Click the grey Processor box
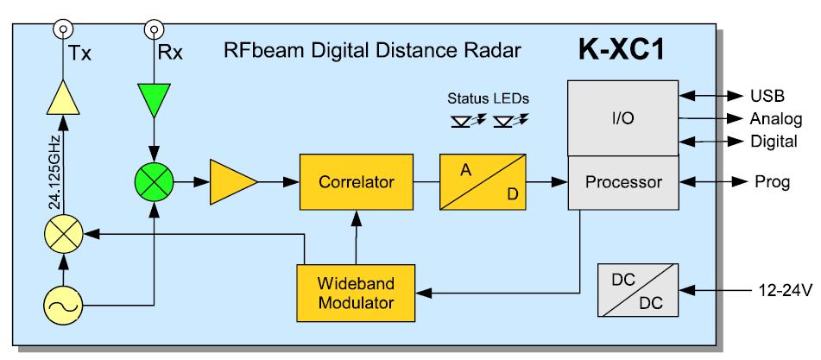[x=623, y=183]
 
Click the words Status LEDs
[x=488, y=98]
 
